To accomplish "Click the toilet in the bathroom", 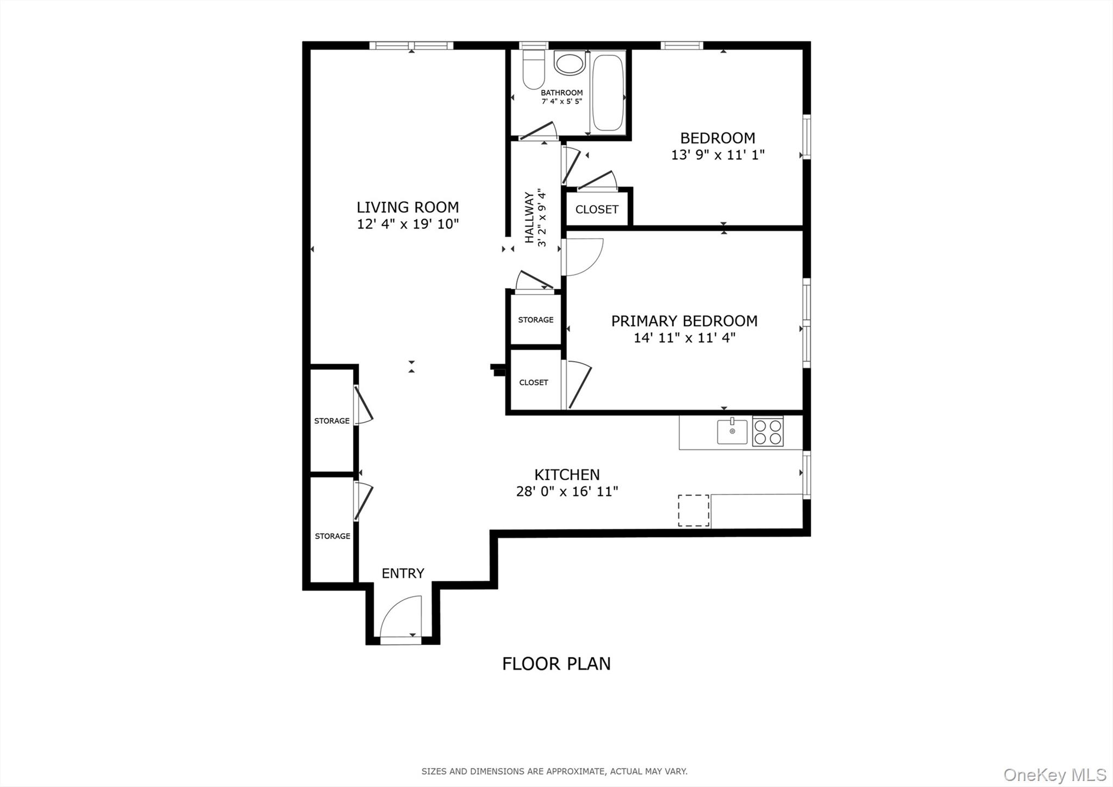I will click(x=534, y=70).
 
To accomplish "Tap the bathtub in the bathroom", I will click(x=607, y=92).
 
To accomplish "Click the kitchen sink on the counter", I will click(x=732, y=432).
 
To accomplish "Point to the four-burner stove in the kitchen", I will click(x=768, y=432).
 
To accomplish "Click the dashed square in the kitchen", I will click(x=693, y=511).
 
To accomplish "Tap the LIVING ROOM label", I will click(x=408, y=207).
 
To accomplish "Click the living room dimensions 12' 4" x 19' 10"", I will click(x=408, y=224).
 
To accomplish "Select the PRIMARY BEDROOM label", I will click(x=684, y=321).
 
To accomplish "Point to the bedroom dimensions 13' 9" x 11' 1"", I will click(x=717, y=155).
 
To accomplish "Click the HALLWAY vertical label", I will click(x=529, y=218).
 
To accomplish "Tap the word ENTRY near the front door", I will click(x=403, y=573).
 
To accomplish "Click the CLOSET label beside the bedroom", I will click(x=597, y=209).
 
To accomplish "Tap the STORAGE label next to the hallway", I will click(x=535, y=320).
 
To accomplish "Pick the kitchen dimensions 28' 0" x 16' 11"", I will click(x=567, y=492).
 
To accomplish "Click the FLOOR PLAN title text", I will click(x=556, y=664).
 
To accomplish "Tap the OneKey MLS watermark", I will click(x=1054, y=774).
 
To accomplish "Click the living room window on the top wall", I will click(x=411, y=46).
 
